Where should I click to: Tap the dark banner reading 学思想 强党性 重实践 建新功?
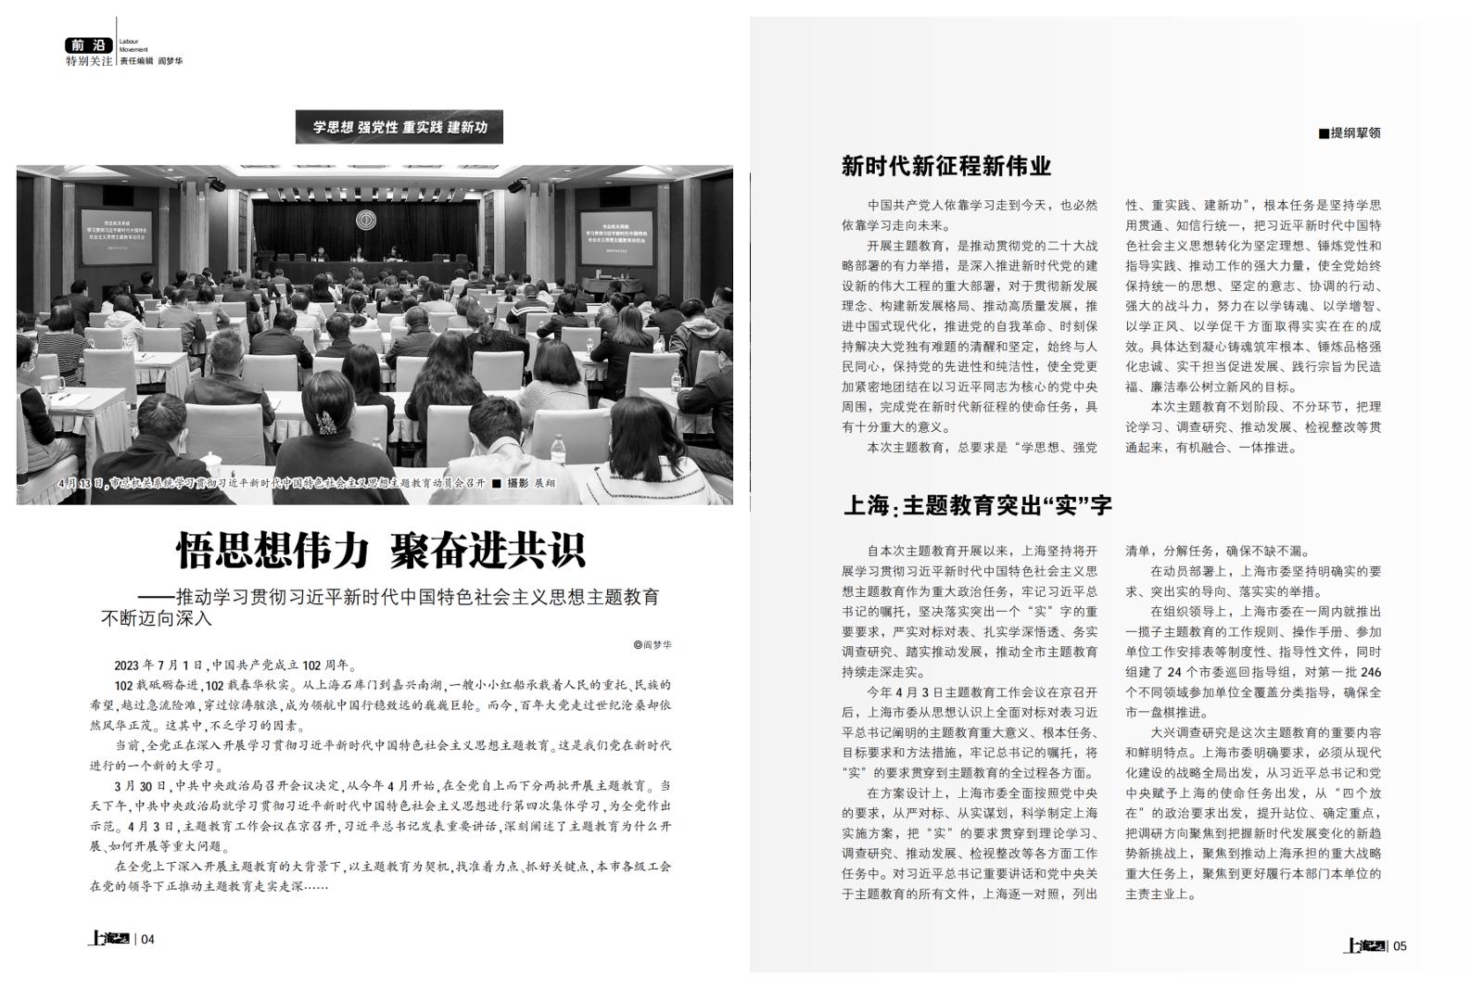pos(399,127)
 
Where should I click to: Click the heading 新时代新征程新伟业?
pos(945,166)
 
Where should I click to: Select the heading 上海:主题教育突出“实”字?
pos(977,505)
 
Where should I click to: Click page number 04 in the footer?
pos(147,939)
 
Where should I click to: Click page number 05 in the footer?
pos(1400,945)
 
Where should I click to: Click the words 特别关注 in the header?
pos(89,61)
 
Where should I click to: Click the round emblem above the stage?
pos(366,222)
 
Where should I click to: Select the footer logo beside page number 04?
pos(108,938)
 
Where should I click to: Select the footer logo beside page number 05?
pos(1364,945)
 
